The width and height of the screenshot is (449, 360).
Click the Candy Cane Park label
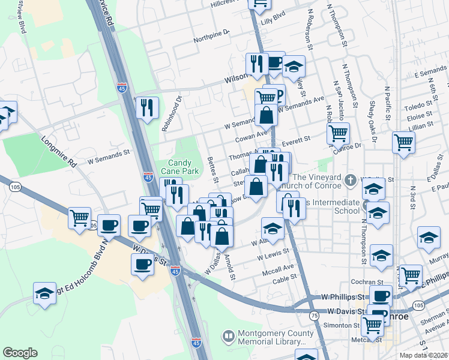pos(182,167)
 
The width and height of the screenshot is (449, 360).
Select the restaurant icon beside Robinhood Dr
pos(147,108)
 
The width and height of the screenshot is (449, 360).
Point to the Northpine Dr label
pos(211,37)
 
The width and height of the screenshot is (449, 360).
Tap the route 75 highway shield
pos(314,315)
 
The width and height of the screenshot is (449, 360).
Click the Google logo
pos(20,353)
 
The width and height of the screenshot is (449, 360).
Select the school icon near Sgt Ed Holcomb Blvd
pos(44,293)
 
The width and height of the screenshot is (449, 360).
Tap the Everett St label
pos(296,139)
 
